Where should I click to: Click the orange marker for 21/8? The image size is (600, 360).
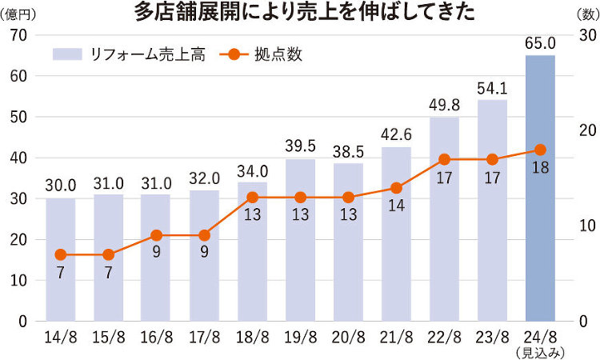(396, 188)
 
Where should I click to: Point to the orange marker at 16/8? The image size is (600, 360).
(156, 235)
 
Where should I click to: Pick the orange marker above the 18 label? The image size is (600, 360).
(540, 150)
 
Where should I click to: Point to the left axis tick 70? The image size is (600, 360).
(19, 35)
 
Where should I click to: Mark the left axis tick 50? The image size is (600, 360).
(19, 117)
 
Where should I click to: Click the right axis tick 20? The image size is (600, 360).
(586, 130)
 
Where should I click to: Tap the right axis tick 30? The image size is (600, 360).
(586, 35)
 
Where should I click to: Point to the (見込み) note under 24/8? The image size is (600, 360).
(540, 352)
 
